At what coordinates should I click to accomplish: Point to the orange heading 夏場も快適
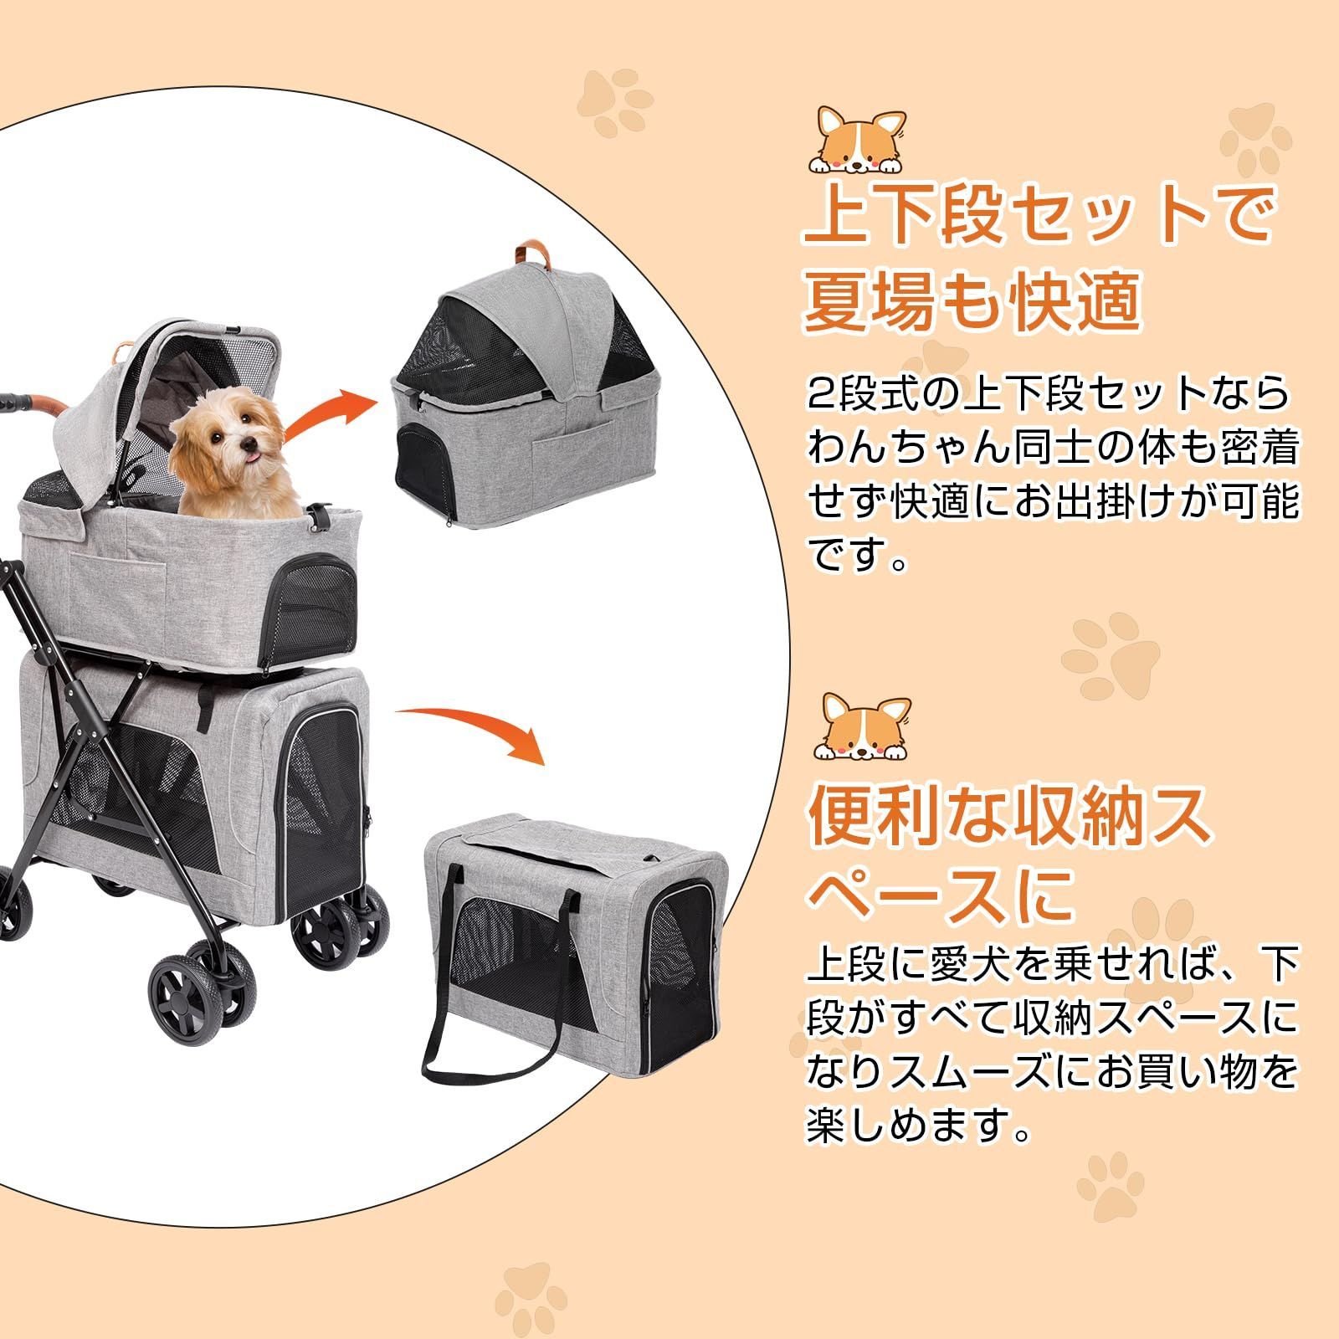pos(972,300)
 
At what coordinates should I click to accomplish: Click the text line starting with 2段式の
pos(1047,393)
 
